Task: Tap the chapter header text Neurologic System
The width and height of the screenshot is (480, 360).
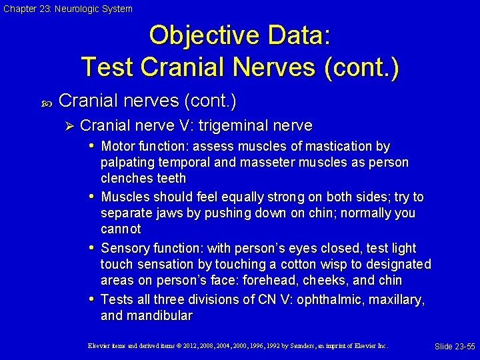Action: [96, 9]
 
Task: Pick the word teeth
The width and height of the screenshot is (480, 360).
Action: [171, 179]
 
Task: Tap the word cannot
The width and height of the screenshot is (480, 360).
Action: [121, 229]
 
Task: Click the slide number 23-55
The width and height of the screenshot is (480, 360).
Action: [455, 346]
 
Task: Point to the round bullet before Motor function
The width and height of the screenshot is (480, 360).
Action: [91, 146]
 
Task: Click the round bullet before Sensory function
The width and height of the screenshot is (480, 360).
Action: [91, 248]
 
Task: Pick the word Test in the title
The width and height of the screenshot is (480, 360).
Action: [107, 66]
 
